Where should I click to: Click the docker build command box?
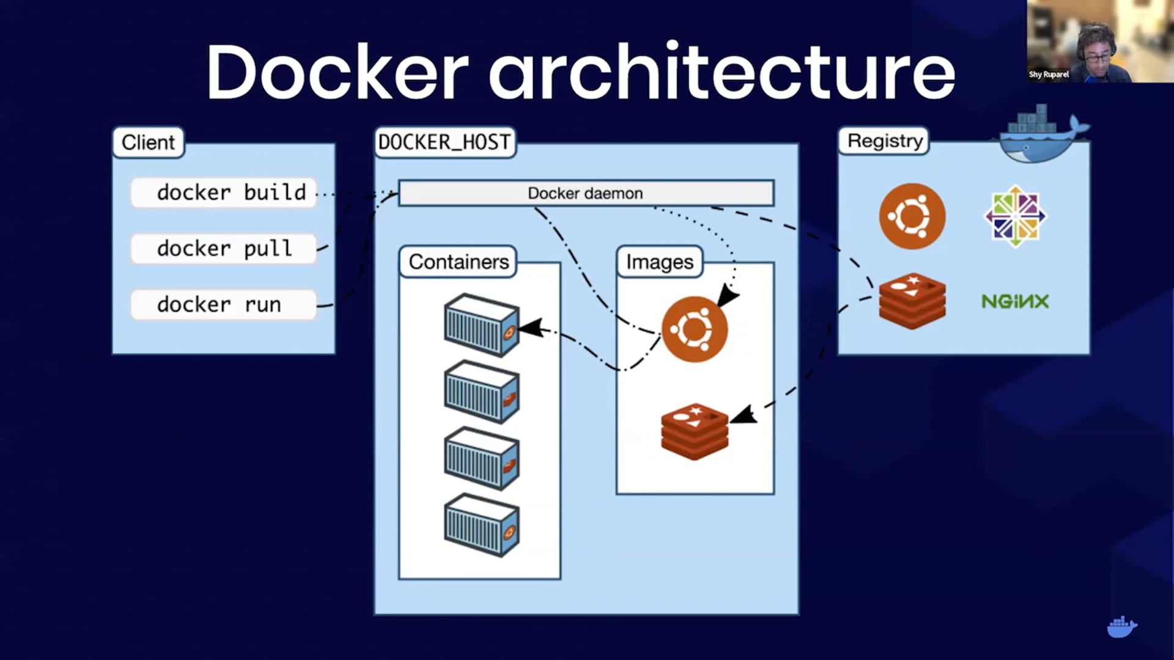point(224,193)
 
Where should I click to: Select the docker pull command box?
point(224,249)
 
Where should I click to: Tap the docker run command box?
point(224,304)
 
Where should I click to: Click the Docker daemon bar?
point(586,193)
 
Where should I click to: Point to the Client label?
point(148,142)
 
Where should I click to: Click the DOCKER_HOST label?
point(445,142)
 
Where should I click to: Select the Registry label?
point(884,141)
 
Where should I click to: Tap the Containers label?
point(458,262)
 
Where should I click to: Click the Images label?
point(660,262)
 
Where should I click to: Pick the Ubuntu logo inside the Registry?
point(912,216)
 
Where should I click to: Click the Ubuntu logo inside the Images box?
point(695,329)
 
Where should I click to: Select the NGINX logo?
point(1015,301)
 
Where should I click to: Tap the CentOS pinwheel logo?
point(1015,216)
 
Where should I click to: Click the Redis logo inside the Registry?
point(912,301)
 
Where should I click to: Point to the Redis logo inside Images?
point(695,431)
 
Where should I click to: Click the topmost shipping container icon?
point(482,325)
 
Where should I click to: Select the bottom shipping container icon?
point(482,525)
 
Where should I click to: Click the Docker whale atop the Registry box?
point(1042,136)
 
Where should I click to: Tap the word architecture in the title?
point(722,72)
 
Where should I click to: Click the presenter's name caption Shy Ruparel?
point(1049,75)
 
